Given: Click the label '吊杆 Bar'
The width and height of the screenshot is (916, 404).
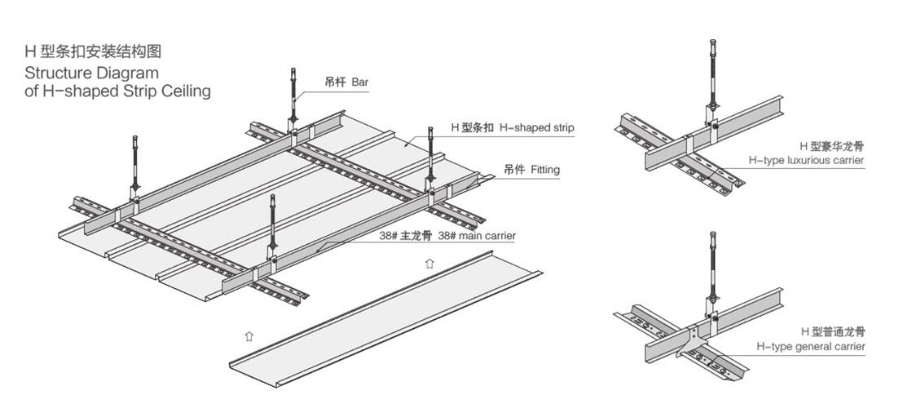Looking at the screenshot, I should point(346,82).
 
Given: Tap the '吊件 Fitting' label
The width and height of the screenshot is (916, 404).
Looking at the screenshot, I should point(531,170).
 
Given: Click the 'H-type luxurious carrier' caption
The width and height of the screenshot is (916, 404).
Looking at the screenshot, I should point(806,160).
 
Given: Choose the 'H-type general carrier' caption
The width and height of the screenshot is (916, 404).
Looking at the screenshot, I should point(810,347).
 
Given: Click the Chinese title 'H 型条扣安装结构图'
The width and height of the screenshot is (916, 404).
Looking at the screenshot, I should point(93,51).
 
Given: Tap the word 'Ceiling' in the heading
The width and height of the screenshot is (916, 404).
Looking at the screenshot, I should point(184,91).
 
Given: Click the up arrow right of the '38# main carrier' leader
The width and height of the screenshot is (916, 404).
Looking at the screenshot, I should point(429,263).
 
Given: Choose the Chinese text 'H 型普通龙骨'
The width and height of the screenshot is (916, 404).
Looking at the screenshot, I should point(832,332).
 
